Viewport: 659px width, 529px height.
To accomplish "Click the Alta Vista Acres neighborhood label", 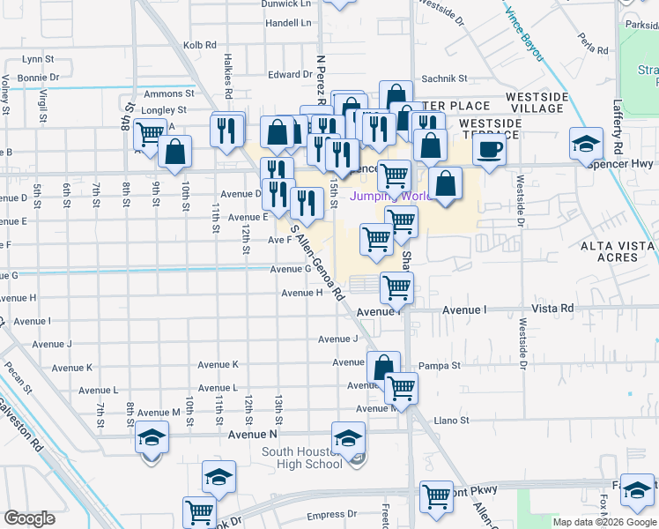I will [x=616, y=250].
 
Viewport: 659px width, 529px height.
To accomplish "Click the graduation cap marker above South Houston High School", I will [x=348, y=437].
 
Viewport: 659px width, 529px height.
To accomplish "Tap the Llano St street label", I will [x=452, y=421].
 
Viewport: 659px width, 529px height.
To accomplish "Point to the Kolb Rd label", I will [x=199, y=44].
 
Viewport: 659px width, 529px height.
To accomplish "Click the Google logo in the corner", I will [x=29, y=518].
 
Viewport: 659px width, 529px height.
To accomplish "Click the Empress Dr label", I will [x=331, y=515].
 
